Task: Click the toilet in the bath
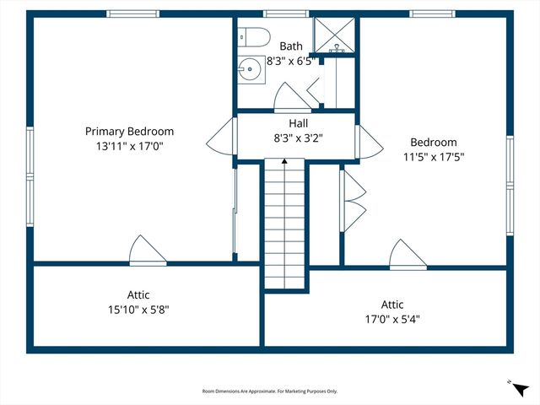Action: point(254,37)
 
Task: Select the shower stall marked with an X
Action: point(335,35)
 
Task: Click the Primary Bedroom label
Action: point(129,132)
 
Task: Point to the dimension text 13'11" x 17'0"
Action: point(129,146)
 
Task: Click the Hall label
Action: point(298,123)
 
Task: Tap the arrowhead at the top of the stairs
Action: point(284,161)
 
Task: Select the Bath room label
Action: point(291,46)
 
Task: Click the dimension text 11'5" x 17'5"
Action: point(434,157)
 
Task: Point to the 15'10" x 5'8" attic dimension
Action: point(138,310)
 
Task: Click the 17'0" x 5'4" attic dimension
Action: point(392,319)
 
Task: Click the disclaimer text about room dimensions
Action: point(270,391)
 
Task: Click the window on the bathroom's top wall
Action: point(286,13)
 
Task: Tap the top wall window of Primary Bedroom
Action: point(132,13)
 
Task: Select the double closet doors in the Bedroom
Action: point(352,201)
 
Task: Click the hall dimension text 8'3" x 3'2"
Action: point(298,138)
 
